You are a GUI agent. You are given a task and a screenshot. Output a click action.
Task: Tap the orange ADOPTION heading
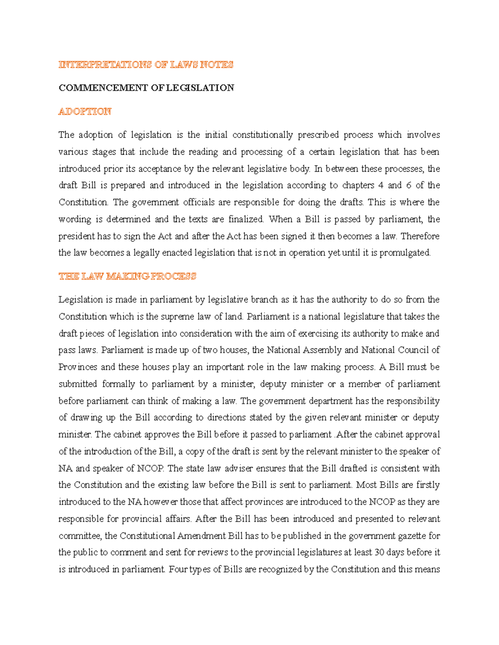[x=85, y=111]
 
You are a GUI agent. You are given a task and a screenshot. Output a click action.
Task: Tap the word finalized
[x=246, y=219]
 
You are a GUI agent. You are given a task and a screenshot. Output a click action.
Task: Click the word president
[x=77, y=236]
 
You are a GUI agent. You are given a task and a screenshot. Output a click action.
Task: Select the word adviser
[x=239, y=468]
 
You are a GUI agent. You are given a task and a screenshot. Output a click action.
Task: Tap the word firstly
[x=428, y=485]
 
